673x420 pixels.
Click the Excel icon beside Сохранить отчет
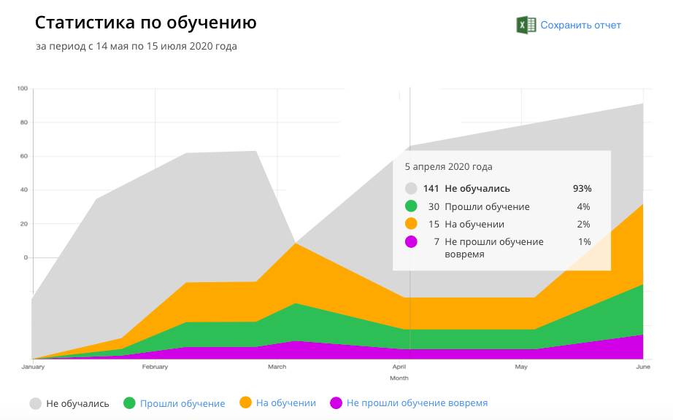click(x=526, y=25)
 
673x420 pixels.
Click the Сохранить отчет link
click(x=580, y=25)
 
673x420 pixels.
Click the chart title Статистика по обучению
click(x=146, y=23)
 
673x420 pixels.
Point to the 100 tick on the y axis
click(x=23, y=89)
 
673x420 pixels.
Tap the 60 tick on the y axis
click(x=24, y=156)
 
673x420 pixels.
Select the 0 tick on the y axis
click(x=26, y=257)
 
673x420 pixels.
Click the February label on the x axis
click(x=155, y=367)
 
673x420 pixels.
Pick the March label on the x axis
click(x=277, y=367)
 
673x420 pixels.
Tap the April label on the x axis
click(x=399, y=367)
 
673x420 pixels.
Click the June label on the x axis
click(x=642, y=367)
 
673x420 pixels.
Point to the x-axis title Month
click(x=399, y=378)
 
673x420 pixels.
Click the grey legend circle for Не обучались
click(x=35, y=403)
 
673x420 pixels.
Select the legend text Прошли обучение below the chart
click(x=182, y=403)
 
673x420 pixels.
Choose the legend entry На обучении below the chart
click(x=285, y=403)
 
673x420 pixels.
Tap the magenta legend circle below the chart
click(x=336, y=403)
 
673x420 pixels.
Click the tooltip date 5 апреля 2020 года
click(x=448, y=167)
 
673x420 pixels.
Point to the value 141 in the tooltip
click(x=431, y=188)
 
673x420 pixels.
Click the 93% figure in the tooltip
click(x=582, y=188)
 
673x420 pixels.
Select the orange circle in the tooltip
click(x=411, y=224)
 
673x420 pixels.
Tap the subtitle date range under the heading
click(x=136, y=47)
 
